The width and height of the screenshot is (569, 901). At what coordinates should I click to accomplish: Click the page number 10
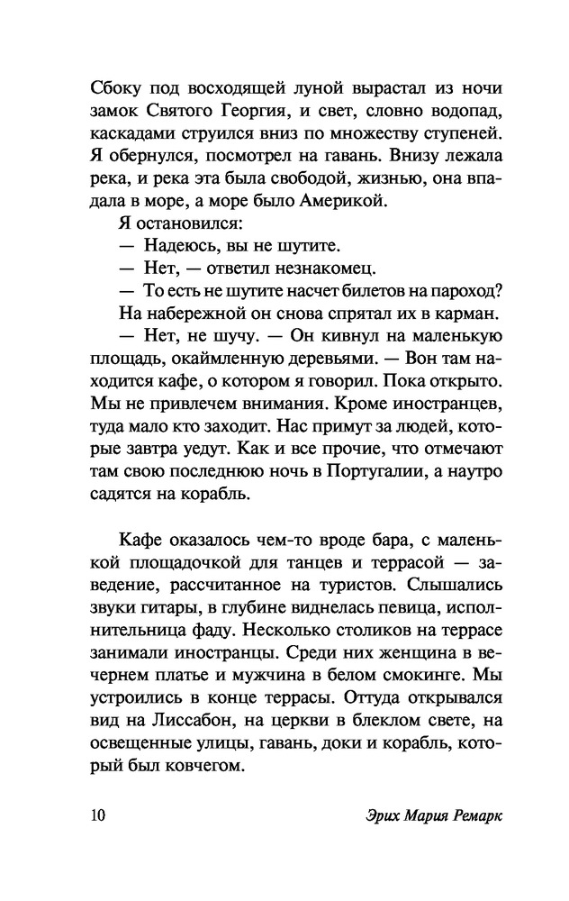coord(98,815)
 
